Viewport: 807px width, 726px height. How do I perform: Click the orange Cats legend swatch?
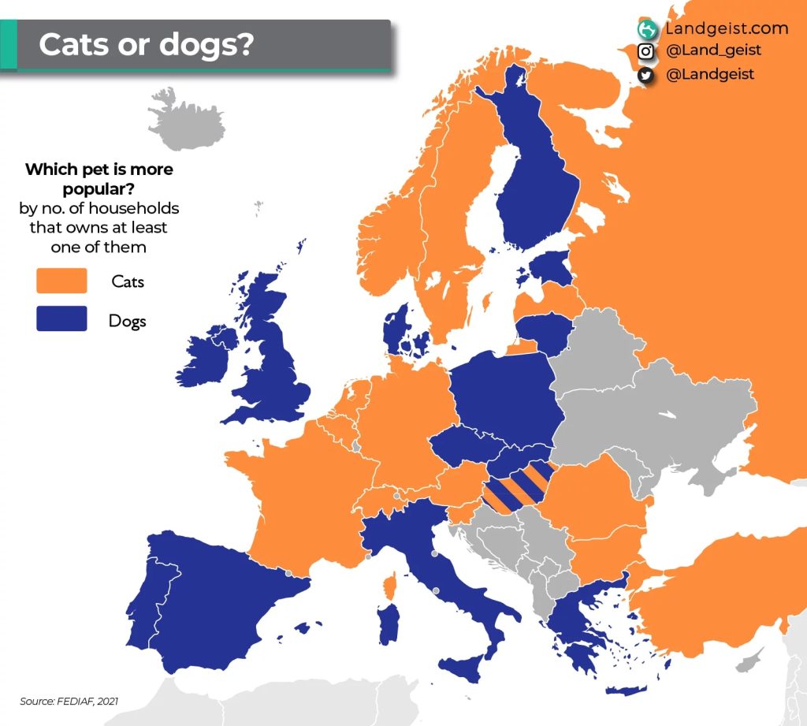pyautogui.click(x=61, y=281)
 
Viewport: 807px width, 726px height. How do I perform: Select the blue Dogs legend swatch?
pyautogui.click(x=61, y=319)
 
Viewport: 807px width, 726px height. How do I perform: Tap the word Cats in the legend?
pyautogui.click(x=128, y=281)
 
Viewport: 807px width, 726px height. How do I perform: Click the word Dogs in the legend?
pyautogui.click(x=128, y=321)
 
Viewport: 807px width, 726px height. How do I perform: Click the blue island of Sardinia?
pyautogui.click(x=388, y=625)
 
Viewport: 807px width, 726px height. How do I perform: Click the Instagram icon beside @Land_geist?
pyautogui.click(x=646, y=51)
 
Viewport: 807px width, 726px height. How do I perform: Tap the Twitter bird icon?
pyautogui.click(x=646, y=75)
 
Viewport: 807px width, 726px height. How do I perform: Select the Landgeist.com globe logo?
pyautogui.click(x=648, y=29)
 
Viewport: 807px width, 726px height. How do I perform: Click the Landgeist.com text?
pyautogui.click(x=726, y=28)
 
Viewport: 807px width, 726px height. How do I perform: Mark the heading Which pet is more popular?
pyautogui.click(x=99, y=178)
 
